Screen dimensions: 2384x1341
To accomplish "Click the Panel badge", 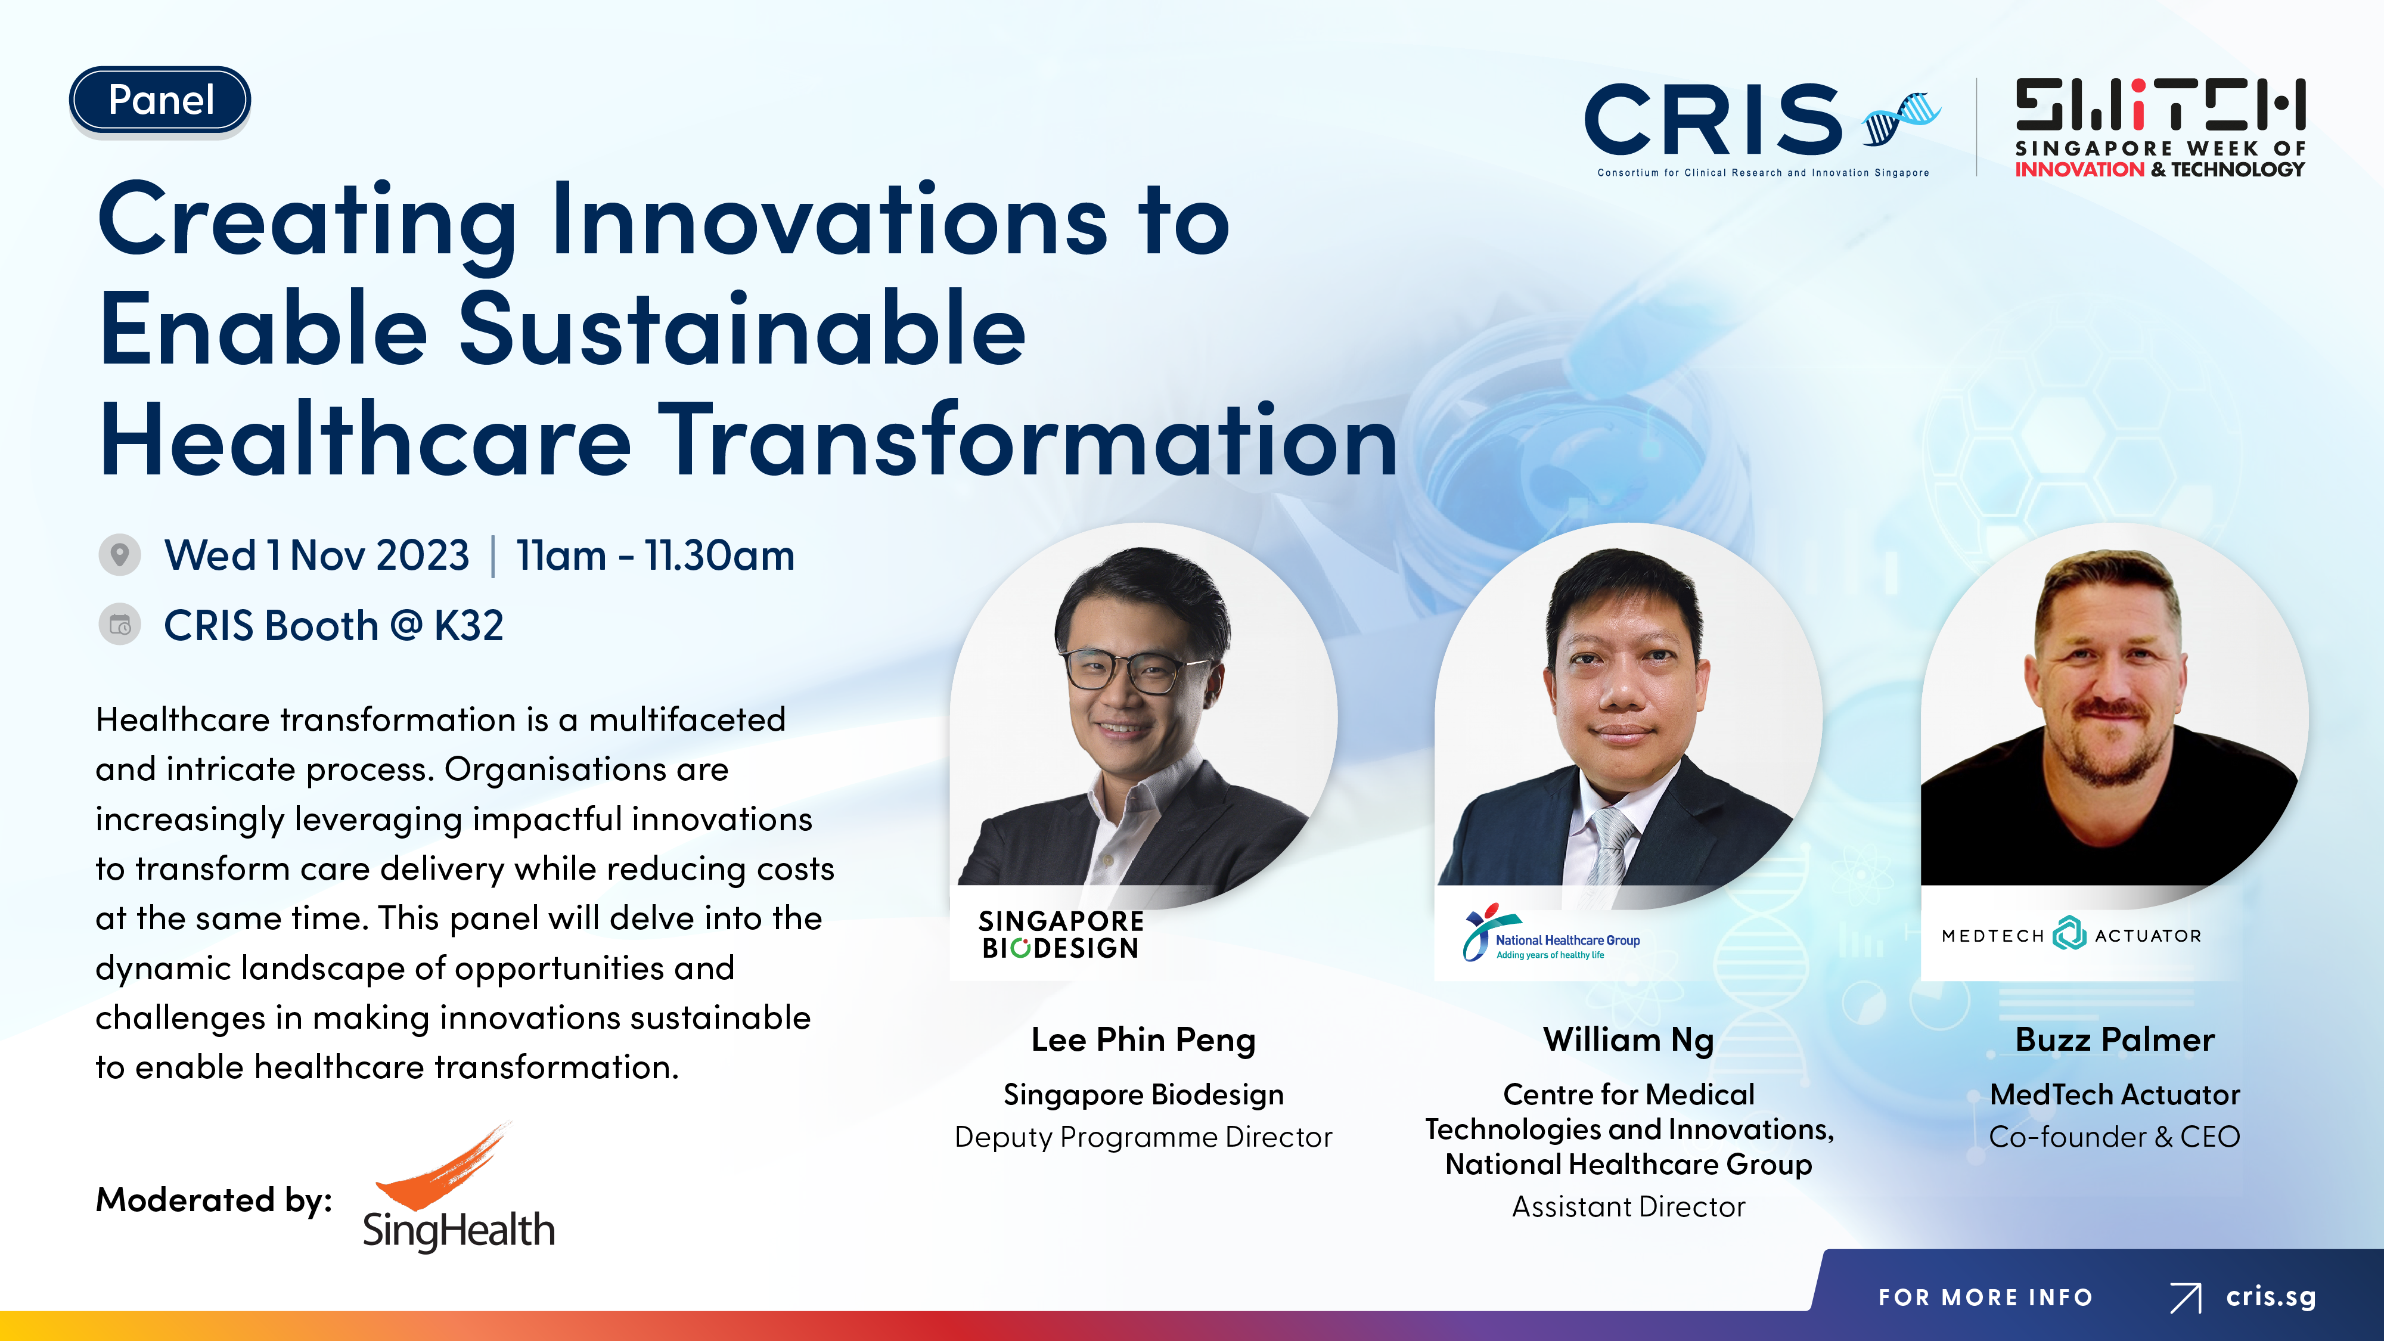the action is [x=160, y=100].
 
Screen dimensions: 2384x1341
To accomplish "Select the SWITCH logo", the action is [x=2160, y=128].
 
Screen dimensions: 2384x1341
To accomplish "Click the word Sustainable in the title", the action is [x=742, y=330].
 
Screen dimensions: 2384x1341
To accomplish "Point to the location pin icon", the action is [x=119, y=555].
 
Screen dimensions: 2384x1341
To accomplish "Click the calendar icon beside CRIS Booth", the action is [x=119, y=626].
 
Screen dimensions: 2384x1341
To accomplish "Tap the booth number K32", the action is [x=468, y=626].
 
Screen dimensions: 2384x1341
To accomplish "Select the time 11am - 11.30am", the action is [x=655, y=555].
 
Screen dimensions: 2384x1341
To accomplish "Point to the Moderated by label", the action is [x=214, y=1200].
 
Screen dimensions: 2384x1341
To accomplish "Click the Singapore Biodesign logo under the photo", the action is [x=1061, y=935].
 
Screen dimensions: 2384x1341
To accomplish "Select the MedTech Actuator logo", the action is [x=2071, y=935].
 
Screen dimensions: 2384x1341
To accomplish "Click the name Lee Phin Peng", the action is [x=1143, y=1040].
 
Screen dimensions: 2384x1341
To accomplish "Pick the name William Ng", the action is [x=1629, y=1040].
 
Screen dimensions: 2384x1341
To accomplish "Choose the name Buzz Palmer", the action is [x=2115, y=1040].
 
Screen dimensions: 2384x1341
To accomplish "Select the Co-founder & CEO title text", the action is [x=2115, y=1137].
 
